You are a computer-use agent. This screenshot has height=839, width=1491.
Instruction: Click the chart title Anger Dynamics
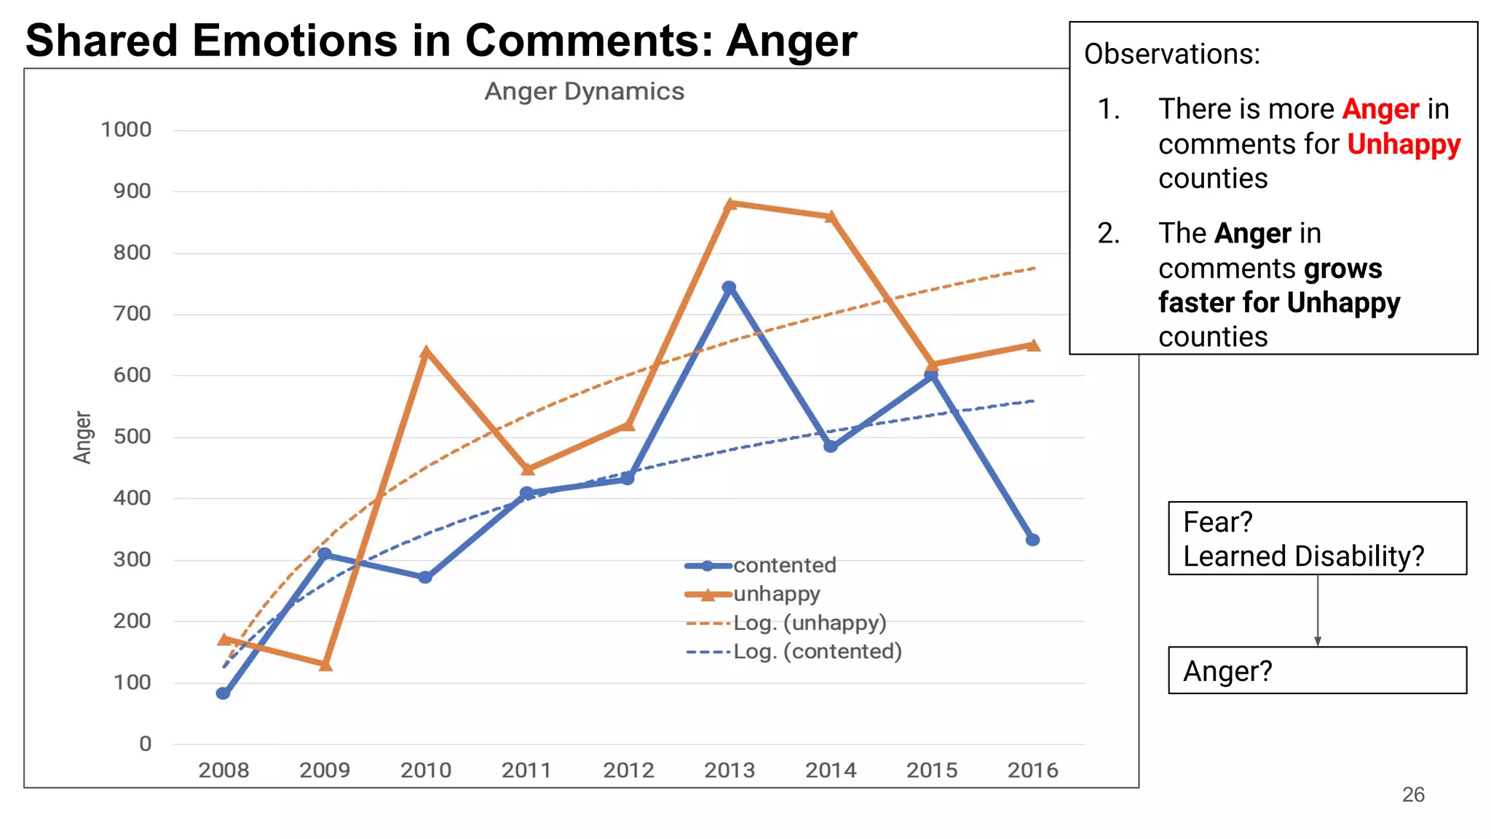(584, 92)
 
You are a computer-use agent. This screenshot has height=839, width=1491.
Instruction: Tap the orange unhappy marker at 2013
(730, 204)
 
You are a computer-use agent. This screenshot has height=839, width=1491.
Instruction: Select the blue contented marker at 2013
(729, 288)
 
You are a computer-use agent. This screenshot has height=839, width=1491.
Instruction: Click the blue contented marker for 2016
(1032, 540)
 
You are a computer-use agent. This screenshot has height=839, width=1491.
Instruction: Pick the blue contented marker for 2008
(224, 693)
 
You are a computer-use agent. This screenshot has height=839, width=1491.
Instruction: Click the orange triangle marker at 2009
(325, 664)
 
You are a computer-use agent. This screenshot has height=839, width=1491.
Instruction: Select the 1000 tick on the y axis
(126, 130)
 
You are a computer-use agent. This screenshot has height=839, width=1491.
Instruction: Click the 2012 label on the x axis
(628, 770)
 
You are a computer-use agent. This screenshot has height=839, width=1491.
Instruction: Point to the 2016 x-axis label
(1032, 770)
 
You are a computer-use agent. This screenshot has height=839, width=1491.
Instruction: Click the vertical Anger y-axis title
(83, 437)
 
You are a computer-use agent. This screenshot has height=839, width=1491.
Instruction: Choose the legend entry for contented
(784, 565)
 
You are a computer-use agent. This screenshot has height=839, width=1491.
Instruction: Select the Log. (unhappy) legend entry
(809, 623)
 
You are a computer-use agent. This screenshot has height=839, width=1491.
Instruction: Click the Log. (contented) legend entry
(817, 651)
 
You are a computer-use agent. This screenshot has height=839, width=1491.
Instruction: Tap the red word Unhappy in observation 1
(1404, 144)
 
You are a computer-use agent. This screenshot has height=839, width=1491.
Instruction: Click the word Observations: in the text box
(1172, 54)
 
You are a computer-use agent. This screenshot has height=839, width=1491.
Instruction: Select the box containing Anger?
(1316, 670)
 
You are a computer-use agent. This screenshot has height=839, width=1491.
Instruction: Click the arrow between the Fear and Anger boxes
(1318, 610)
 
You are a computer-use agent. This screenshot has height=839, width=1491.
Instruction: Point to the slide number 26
(1413, 795)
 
